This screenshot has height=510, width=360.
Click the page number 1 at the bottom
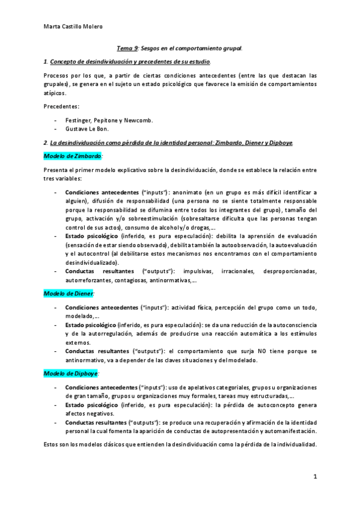pos(314,476)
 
